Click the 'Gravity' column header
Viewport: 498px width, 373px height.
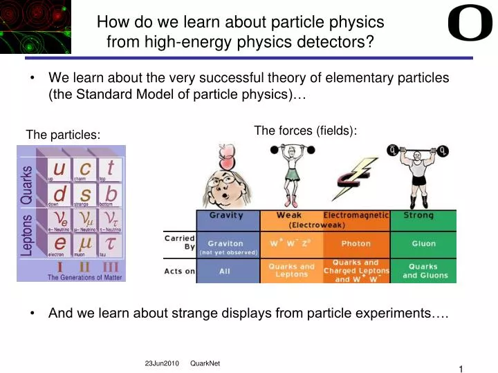point(226,216)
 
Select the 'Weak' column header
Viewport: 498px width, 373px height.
point(289,216)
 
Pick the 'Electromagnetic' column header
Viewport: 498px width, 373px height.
point(356,216)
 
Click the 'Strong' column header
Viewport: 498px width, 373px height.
point(418,216)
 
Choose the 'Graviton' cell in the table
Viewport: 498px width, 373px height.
point(225,244)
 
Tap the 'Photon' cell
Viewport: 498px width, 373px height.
point(356,244)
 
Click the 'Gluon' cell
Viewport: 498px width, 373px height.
point(423,244)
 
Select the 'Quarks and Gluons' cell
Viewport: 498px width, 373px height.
point(423,271)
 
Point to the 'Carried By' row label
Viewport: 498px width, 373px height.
point(179,242)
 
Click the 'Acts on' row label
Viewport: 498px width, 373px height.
point(179,271)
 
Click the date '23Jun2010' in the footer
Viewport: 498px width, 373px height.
point(160,364)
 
